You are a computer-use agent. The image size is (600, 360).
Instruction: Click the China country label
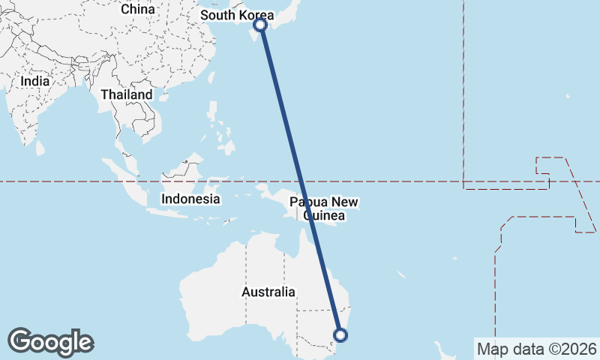click(x=137, y=9)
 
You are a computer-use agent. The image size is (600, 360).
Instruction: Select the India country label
click(x=35, y=81)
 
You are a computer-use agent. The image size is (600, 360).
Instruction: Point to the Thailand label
click(x=127, y=94)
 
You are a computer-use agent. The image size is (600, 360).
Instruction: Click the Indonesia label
click(x=191, y=199)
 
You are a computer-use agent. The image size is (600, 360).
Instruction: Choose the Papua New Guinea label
click(x=324, y=209)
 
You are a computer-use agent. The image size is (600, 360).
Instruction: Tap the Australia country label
click(x=268, y=292)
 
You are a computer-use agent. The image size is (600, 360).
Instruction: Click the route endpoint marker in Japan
click(x=260, y=25)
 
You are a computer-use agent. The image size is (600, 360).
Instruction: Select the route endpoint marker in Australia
click(x=341, y=334)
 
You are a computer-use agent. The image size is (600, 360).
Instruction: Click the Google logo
click(x=50, y=342)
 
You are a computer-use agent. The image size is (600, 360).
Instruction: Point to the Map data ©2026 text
click(x=536, y=349)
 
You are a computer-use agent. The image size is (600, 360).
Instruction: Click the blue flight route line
click(x=301, y=180)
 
